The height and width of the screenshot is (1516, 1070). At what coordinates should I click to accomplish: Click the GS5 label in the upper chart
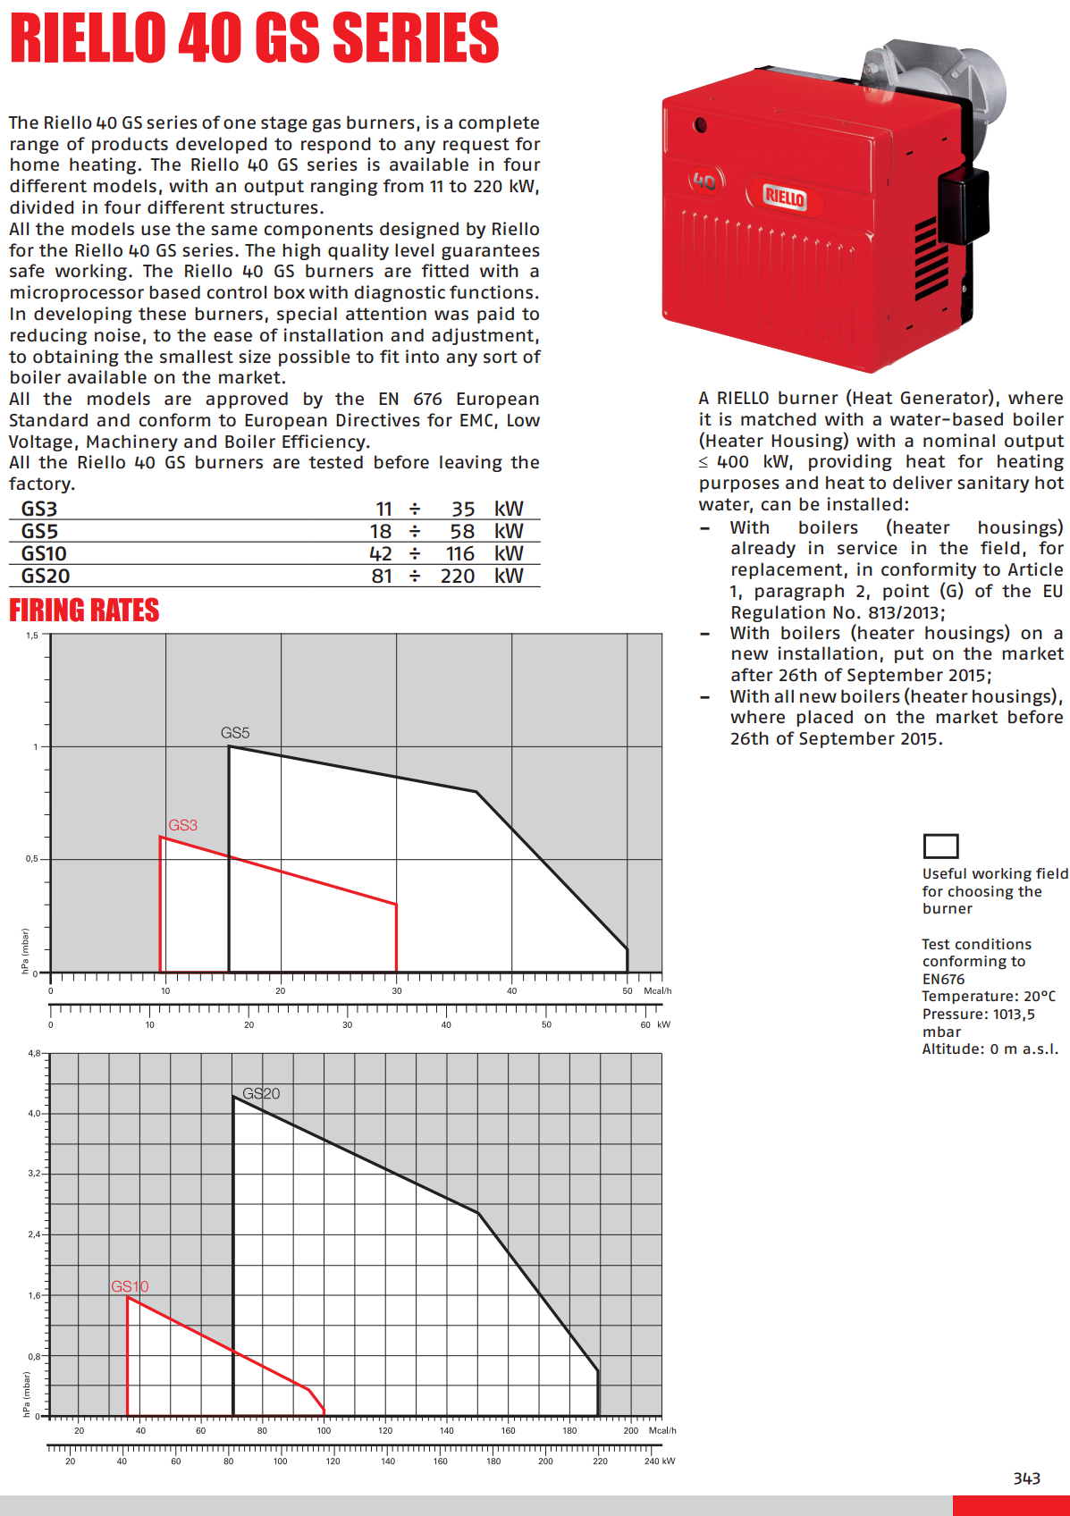[235, 733]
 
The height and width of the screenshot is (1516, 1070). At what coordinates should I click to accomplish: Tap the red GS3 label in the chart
[182, 825]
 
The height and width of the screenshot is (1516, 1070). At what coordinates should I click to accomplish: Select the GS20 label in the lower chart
[261, 1093]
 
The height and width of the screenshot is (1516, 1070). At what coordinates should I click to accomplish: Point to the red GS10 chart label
[130, 1286]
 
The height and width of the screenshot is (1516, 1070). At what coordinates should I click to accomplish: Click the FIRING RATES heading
[84, 611]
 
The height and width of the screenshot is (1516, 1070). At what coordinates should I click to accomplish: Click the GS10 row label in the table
[44, 554]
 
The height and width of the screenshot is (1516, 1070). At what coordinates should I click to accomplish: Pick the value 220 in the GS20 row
[457, 577]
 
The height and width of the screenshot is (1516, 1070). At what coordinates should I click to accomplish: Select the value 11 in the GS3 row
[383, 510]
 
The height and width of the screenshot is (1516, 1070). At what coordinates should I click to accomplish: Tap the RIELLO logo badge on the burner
[785, 198]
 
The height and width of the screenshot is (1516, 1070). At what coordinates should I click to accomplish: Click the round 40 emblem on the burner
[704, 181]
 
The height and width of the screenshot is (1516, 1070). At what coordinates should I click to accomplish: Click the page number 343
[1026, 1478]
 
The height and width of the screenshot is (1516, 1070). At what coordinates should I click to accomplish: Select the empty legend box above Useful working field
[940, 846]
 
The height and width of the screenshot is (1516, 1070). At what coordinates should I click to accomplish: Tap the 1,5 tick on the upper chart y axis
[32, 636]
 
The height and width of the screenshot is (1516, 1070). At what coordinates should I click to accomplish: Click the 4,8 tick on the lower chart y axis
[34, 1053]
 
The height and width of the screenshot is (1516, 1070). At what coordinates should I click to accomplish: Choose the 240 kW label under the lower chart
[659, 1461]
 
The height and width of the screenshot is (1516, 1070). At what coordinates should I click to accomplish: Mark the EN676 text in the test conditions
[943, 979]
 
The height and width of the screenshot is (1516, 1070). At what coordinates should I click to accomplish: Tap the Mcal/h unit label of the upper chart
[657, 990]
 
